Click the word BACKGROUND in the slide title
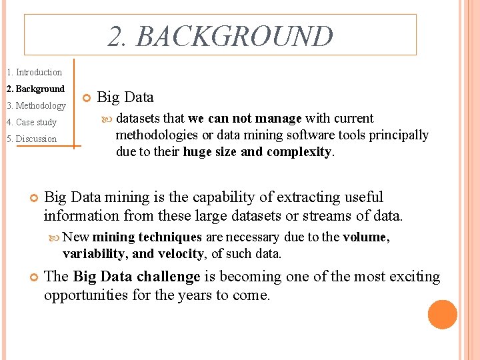[x=234, y=37]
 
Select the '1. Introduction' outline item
[x=34, y=72]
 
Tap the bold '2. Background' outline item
[x=35, y=89]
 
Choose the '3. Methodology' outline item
[x=36, y=105]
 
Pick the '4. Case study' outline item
[x=31, y=122]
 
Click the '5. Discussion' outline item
[x=31, y=139]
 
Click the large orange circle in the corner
[x=443, y=315]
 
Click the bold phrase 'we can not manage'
[x=245, y=119]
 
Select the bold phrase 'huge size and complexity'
[x=257, y=151]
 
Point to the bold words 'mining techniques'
[x=147, y=237]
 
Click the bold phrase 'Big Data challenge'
[x=137, y=277]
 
